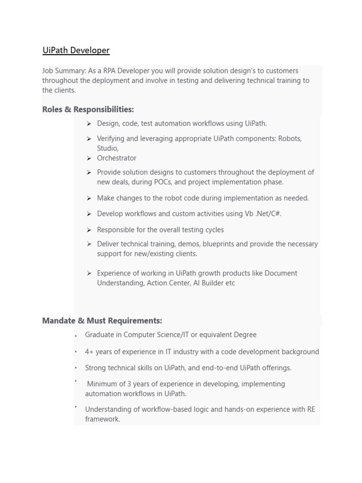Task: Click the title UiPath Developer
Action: pos(76,50)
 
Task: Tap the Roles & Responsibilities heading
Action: pos(88,109)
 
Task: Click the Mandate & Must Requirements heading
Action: pos(102,321)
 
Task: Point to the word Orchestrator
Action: pos(116,158)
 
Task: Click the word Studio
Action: pos(107,148)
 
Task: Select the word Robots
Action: pos(289,139)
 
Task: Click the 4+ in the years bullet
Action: pos(90,352)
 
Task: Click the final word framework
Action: pos(102,419)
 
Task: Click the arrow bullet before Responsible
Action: pos(89,230)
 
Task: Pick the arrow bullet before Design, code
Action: pos(89,124)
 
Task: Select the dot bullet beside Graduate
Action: pos(75,336)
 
